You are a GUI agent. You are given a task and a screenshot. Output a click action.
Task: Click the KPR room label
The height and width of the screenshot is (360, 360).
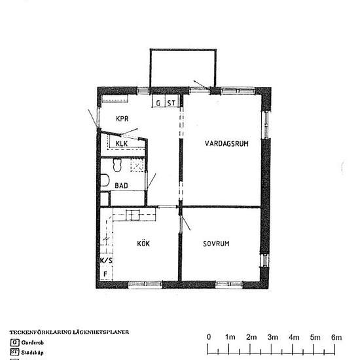coord(122,118)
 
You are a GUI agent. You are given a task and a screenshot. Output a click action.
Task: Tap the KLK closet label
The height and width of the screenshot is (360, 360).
coord(122,143)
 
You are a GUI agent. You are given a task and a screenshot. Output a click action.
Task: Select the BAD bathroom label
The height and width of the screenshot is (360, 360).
coord(121,185)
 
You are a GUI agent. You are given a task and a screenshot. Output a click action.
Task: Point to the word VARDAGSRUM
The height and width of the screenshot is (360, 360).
coord(226,144)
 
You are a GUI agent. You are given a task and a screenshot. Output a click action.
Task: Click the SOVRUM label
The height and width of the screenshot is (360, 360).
coord(220,243)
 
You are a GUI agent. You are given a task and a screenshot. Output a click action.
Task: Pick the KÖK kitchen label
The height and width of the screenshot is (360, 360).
coord(143,243)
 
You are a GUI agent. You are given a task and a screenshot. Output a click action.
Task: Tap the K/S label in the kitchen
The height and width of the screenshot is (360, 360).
coord(106,260)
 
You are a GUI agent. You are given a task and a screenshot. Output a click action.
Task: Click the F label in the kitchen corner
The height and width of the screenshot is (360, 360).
coord(105,274)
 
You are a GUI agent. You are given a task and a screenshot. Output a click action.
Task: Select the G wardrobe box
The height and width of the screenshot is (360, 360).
coord(158,103)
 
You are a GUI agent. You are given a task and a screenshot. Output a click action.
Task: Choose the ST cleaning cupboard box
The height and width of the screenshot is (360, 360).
coord(171,103)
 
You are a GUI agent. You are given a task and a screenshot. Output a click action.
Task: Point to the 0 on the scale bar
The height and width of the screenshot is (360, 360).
coord(209,336)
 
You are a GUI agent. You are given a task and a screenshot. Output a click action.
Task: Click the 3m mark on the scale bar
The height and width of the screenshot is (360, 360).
coord(272,336)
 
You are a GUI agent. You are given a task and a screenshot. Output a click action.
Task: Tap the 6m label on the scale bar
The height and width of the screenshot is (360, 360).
coord(336,336)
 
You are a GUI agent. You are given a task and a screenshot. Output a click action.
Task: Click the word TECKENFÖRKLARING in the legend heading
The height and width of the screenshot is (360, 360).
coord(39,332)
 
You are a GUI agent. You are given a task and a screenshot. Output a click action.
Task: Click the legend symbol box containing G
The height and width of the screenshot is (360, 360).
coord(14,342)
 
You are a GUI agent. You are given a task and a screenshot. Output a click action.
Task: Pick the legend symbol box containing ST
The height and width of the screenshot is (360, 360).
coord(14,351)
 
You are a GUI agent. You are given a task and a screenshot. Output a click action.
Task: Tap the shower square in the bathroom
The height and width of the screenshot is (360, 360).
coord(137,165)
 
